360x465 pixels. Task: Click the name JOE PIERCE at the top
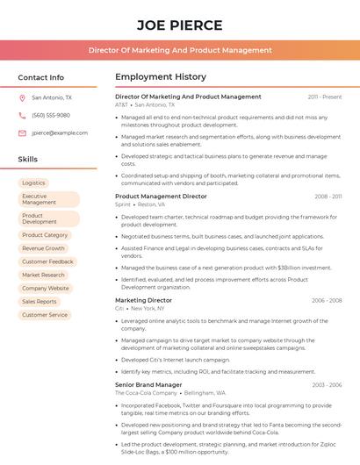click(x=180, y=25)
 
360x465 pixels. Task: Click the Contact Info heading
click(x=40, y=77)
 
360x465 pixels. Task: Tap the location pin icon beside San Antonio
click(x=22, y=97)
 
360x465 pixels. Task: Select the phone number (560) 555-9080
click(x=51, y=115)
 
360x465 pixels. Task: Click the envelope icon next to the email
click(x=22, y=132)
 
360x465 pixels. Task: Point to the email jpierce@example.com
click(x=60, y=132)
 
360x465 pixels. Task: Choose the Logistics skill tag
click(x=33, y=183)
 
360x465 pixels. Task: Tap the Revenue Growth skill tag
click(x=43, y=248)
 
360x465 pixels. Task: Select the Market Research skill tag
click(x=44, y=275)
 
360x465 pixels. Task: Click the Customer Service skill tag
click(x=45, y=314)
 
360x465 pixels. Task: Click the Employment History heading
click(x=161, y=77)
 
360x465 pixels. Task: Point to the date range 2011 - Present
click(x=324, y=97)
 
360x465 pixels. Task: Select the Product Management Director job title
click(x=162, y=197)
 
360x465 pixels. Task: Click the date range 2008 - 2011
click(x=328, y=197)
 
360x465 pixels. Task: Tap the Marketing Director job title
click(x=143, y=300)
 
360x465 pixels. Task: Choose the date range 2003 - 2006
click(x=327, y=384)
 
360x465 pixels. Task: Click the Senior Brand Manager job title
click(x=148, y=384)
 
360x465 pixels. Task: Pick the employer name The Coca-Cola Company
click(x=145, y=393)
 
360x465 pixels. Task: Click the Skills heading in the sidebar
click(x=27, y=160)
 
